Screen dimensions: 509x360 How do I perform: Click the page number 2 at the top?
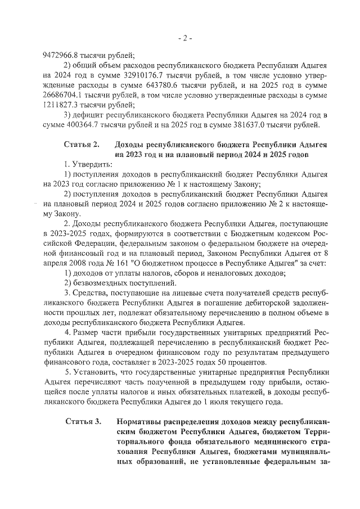[x=185, y=38]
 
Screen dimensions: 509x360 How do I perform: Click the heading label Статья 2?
[x=82, y=144]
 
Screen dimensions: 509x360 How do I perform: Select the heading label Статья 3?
[x=83, y=421]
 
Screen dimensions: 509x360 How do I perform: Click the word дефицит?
[x=89, y=115]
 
